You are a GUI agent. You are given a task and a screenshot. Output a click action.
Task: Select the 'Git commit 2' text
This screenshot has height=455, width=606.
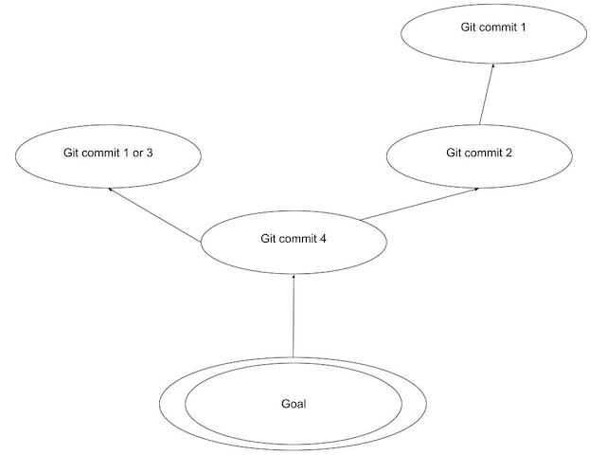click(479, 153)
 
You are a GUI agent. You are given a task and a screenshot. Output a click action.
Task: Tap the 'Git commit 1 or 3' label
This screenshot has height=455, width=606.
click(109, 153)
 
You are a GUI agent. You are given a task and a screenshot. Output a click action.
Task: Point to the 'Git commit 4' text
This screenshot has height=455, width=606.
click(294, 238)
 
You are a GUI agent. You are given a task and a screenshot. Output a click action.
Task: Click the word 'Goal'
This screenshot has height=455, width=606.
click(294, 404)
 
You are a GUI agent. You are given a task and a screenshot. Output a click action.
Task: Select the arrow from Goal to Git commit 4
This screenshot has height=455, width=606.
click(294, 318)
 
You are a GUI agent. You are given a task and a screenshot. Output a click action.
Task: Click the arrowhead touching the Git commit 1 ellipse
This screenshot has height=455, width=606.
click(492, 66)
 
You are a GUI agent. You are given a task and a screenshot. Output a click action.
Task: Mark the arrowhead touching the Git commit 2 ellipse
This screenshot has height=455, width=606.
click(474, 189)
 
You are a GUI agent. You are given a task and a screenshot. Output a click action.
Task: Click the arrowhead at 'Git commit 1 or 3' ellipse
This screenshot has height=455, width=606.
click(111, 190)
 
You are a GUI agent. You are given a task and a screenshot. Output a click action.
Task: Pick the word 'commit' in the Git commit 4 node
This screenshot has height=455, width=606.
click(297, 238)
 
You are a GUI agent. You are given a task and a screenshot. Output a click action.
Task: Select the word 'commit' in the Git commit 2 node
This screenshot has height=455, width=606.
click(483, 153)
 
